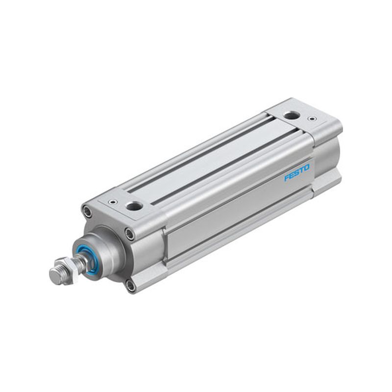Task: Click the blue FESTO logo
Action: tap(297, 172)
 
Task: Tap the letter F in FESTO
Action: tap(287, 178)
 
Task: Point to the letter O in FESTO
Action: tap(307, 168)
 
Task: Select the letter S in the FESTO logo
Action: tap(297, 172)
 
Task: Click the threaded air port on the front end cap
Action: tap(134, 206)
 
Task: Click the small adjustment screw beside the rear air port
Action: tap(311, 118)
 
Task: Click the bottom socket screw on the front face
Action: tap(130, 286)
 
